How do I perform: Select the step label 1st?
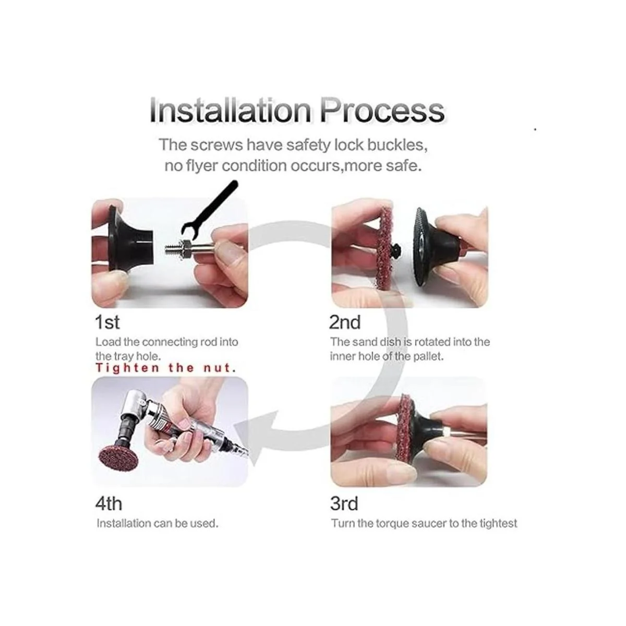tap(107, 322)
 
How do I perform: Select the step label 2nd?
tap(345, 322)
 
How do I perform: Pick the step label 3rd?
tap(344, 503)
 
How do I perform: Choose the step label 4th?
tap(109, 503)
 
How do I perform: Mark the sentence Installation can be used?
tap(157, 523)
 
